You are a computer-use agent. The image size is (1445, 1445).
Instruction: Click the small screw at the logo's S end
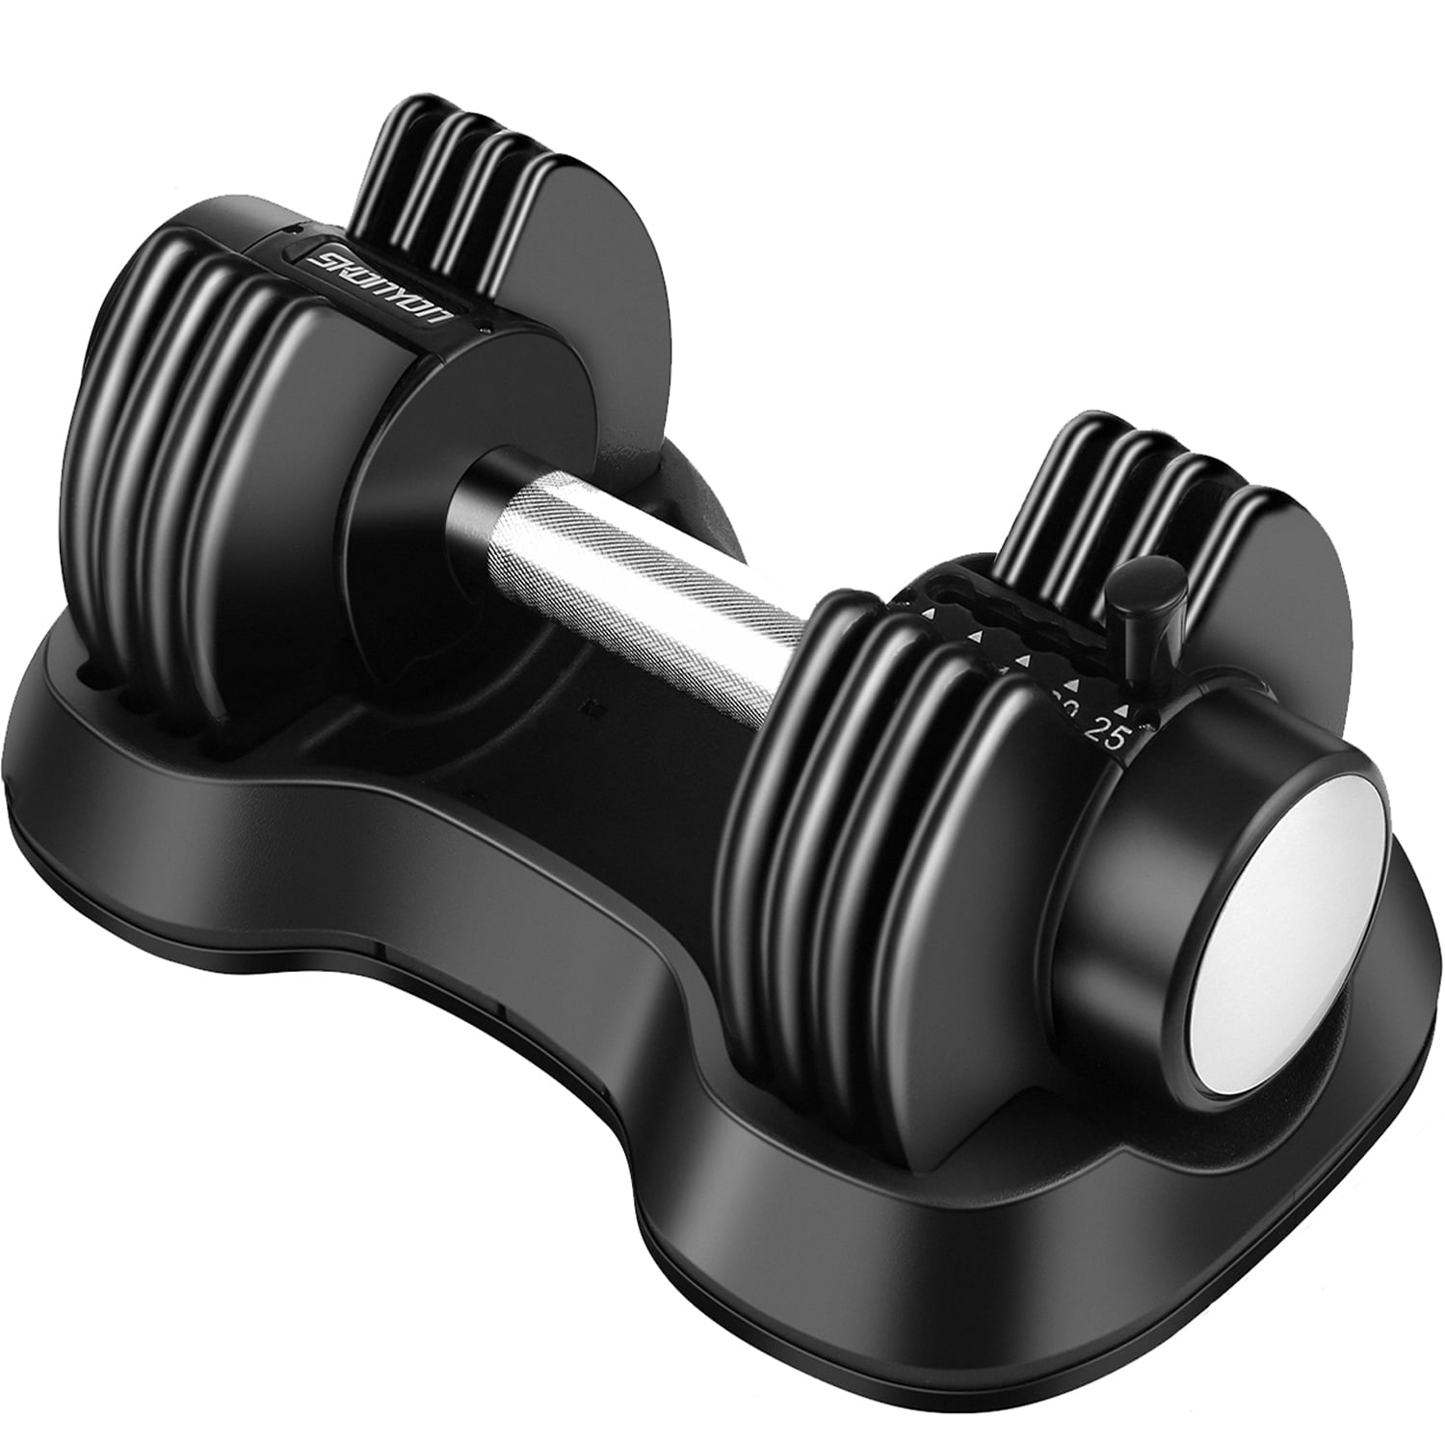click(x=489, y=331)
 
